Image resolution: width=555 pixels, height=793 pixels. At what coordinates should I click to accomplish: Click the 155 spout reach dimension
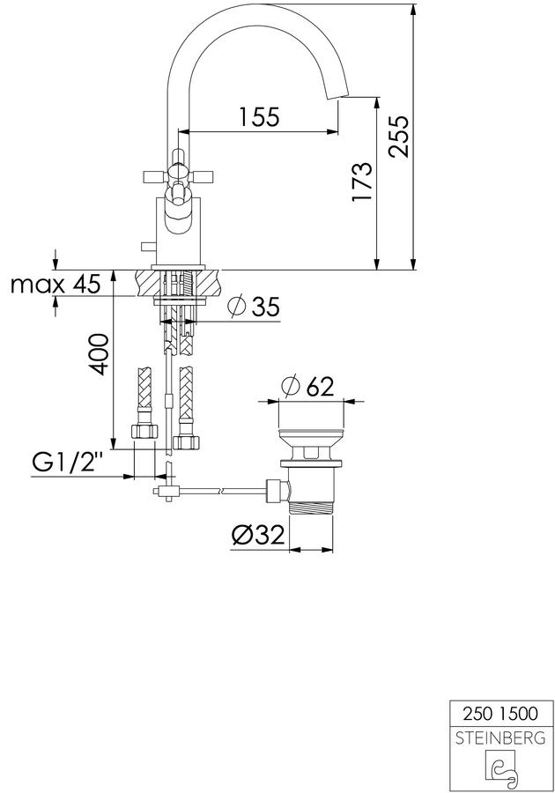coord(259,117)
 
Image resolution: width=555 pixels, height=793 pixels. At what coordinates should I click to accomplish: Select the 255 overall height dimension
coord(398,136)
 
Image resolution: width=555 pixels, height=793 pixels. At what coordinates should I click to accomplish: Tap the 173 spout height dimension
coord(362,182)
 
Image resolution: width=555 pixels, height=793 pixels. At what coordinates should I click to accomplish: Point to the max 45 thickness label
coord(55,285)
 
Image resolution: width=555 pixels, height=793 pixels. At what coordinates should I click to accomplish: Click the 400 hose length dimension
coord(99,354)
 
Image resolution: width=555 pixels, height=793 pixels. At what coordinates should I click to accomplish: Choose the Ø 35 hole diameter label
coord(253,307)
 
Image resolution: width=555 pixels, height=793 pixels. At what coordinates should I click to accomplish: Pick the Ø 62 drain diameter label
coord(308,387)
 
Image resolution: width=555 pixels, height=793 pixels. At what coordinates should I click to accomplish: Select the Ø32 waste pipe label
coord(258,535)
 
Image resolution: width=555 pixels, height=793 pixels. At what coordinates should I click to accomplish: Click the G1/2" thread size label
coord(68,463)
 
